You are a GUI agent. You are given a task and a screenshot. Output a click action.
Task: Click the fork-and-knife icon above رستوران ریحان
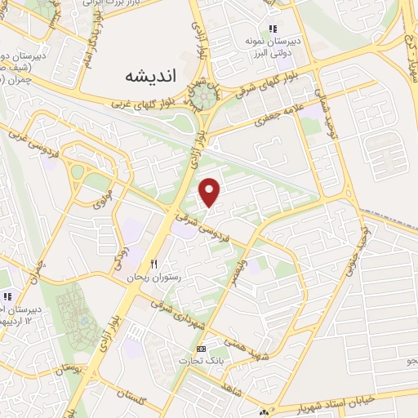pyautogui.click(x=153, y=265)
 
